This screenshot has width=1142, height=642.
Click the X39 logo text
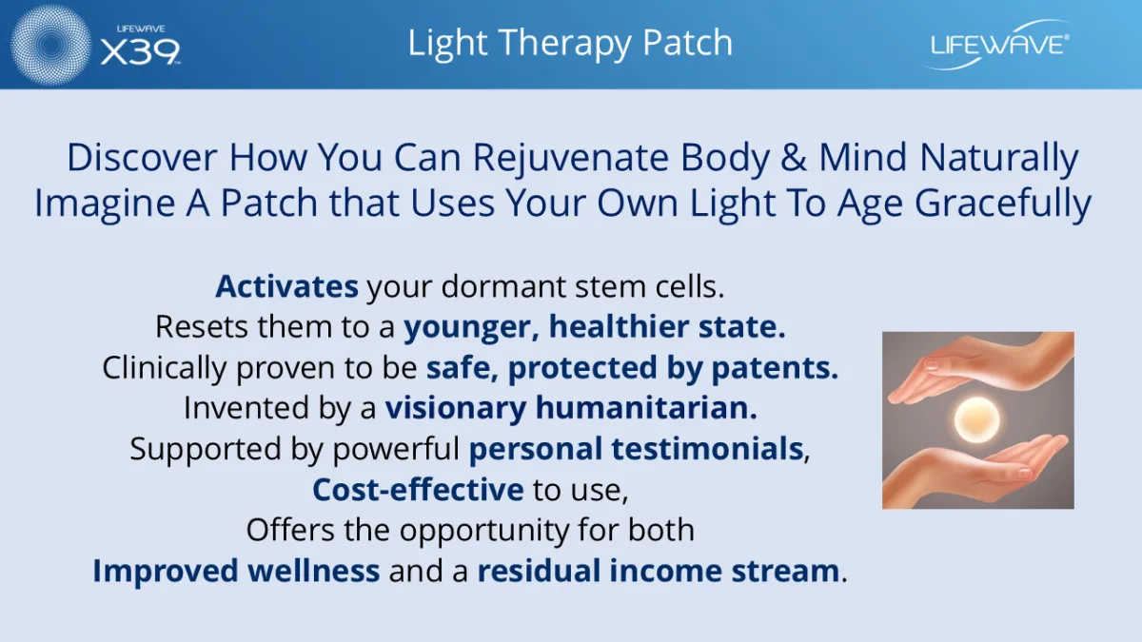click(140, 52)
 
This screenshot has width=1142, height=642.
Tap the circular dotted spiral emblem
click(50, 45)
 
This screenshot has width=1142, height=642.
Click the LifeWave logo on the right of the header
click(999, 45)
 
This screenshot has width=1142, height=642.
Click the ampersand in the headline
click(794, 158)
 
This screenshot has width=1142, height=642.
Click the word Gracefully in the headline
click(1003, 204)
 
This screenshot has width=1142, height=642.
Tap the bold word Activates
click(287, 286)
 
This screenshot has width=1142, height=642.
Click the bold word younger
click(472, 327)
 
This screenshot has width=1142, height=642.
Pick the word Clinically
click(164, 368)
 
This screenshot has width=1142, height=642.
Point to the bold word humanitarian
click(646, 408)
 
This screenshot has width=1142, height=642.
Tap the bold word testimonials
click(708, 449)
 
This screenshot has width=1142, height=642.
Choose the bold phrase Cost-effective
click(418, 490)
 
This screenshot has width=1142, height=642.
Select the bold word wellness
click(313, 571)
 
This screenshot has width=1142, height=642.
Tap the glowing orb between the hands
click(976, 419)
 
